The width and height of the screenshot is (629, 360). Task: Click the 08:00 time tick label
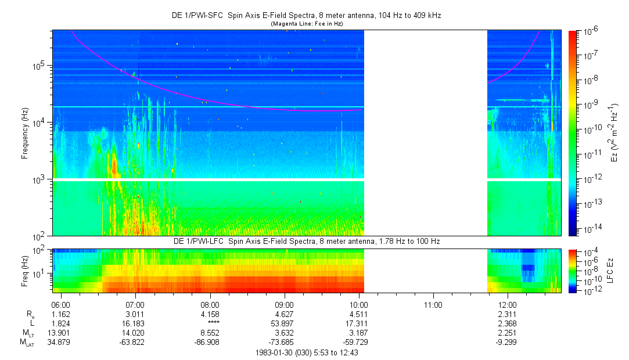pyautogui.click(x=210, y=304)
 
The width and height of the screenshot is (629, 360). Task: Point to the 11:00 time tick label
pyautogui.click(x=433, y=304)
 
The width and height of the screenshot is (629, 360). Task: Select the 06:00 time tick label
pyautogui.click(x=61, y=304)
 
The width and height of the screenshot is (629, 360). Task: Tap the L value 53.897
pyautogui.click(x=284, y=324)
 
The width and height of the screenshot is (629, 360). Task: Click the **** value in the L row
pyautogui.click(x=210, y=324)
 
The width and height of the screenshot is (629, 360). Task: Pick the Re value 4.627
pyautogui.click(x=284, y=314)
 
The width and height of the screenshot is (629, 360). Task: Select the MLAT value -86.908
pyautogui.click(x=210, y=343)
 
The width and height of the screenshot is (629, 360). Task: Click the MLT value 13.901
pyautogui.click(x=61, y=333)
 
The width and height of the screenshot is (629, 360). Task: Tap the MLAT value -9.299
pyautogui.click(x=508, y=343)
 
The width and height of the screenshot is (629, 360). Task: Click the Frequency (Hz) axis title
pyautogui.click(x=25, y=133)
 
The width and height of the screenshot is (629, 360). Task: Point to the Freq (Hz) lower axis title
pyautogui.click(x=25, y=270)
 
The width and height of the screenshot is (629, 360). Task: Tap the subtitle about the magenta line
pyautogui.click(x=307, y=24)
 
